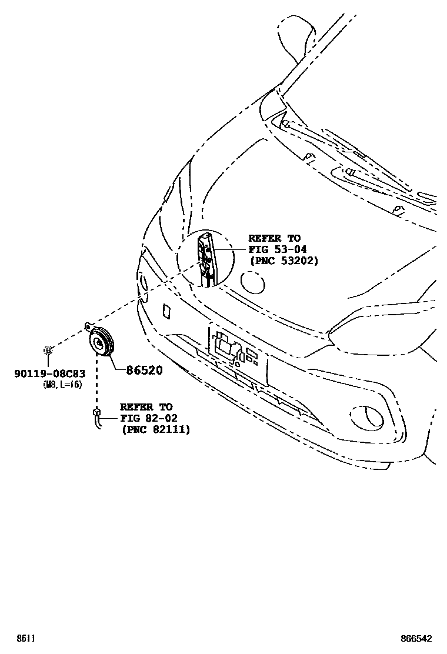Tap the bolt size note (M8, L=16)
pyautogui.click(x=62, y=384)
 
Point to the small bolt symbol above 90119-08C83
pyautogui.click(x=49, y=351)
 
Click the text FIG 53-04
pyautogui.click(x=278, y=249)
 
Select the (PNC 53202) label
pyautogui.click(x=283, y=261)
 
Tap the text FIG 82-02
pyautogui.click(x=149, y=418)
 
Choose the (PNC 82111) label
pyautogui.click(x=155, y=429)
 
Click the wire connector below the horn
pyautogui.click(x=96, y=414)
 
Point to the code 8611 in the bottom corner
pyautogui.click(x=24, y=638)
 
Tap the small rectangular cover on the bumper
pyautogui.click(x=166, y=311)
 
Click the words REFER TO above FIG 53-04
pyautogui.click(x=274, y=238)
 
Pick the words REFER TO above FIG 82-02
pyautogui.click(x=146, y=407)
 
